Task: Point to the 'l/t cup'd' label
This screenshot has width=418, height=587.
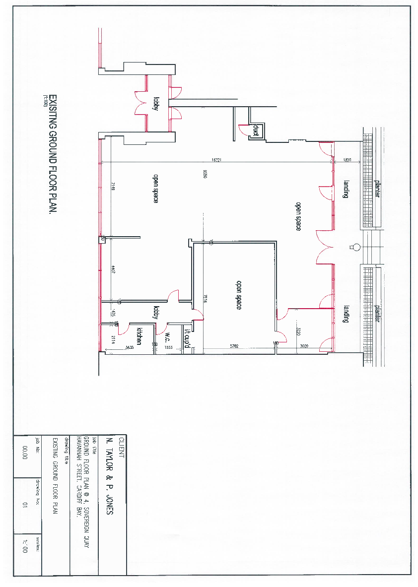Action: tap(187, 337)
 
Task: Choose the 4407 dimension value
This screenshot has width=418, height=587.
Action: tap(113, 270)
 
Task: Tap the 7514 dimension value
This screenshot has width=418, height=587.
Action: tap(205, 298)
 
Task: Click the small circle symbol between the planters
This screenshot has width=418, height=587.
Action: tap(355, 247)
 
